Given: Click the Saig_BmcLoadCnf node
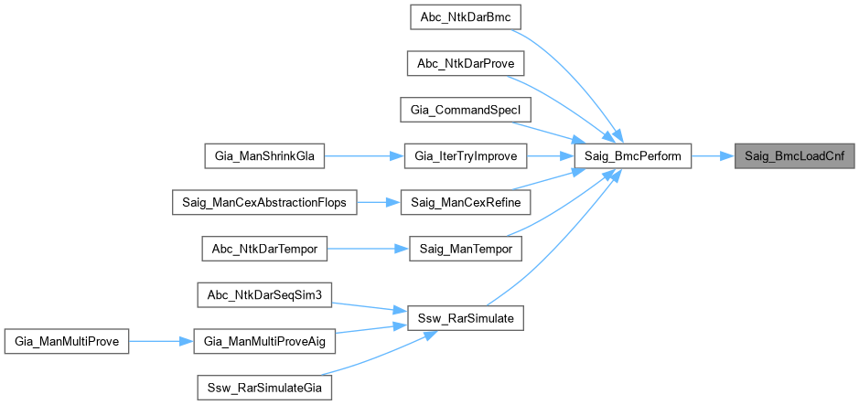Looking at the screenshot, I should tap(793, 156).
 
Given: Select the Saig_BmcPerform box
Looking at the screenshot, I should tap(632, 156).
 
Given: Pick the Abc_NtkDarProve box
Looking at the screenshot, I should tap(465, 64).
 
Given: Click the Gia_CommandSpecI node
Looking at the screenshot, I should tap(465, 110).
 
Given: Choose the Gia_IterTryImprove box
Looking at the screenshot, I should tap(465, 156).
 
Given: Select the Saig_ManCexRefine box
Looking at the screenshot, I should tap(465, 203).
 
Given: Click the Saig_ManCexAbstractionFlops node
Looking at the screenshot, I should tap(264, 203).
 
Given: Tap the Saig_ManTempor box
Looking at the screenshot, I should tap(465, 249).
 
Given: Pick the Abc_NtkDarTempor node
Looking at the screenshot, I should tap(264, 249).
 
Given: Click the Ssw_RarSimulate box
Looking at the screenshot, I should tap(465, 318).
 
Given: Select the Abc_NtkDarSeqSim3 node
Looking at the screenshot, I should tap(264, 294).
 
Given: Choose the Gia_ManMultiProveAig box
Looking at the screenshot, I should tap(264, 341).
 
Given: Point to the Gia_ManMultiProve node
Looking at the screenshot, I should tap(67, 341).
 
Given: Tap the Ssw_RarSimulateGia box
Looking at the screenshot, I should tap(264, 388).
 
